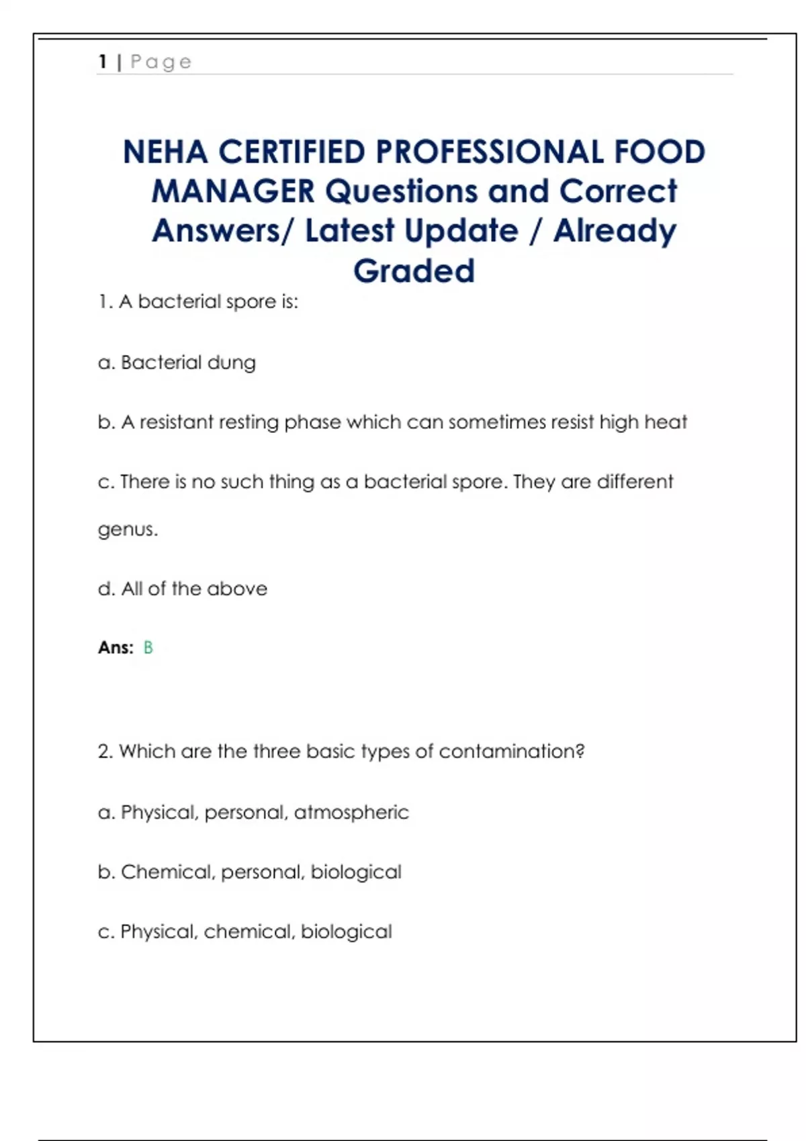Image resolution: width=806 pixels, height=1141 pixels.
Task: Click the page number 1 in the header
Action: coord(103,62)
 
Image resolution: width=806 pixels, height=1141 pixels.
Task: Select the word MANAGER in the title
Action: coord(232,192)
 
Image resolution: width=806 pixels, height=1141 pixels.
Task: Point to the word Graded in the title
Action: coord(414,271)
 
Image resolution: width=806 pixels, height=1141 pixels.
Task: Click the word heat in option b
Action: coord(666,422)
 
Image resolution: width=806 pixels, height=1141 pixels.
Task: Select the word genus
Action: coord(127,530)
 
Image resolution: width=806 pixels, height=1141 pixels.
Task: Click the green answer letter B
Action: coord(148,648)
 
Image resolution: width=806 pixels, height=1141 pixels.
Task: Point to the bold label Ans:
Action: coord(116,648)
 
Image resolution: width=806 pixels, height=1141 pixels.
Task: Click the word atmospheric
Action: coord(351,813)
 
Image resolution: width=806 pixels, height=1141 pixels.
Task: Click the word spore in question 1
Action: coord(250,302)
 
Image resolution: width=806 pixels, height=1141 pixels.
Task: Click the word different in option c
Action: coord(634,482)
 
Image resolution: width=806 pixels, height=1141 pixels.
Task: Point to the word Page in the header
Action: coord(161,62)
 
